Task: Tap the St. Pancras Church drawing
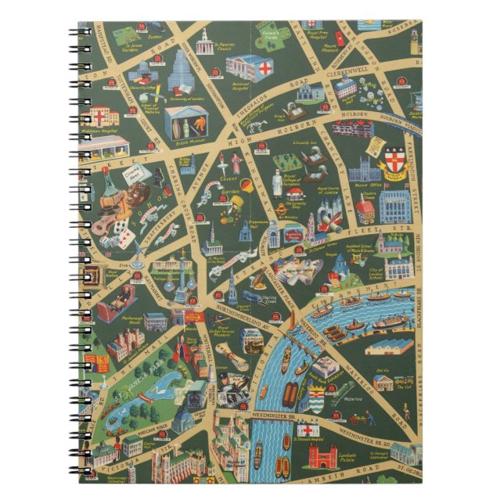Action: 205,43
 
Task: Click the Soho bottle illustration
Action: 111,185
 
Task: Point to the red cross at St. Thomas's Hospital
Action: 308,430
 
